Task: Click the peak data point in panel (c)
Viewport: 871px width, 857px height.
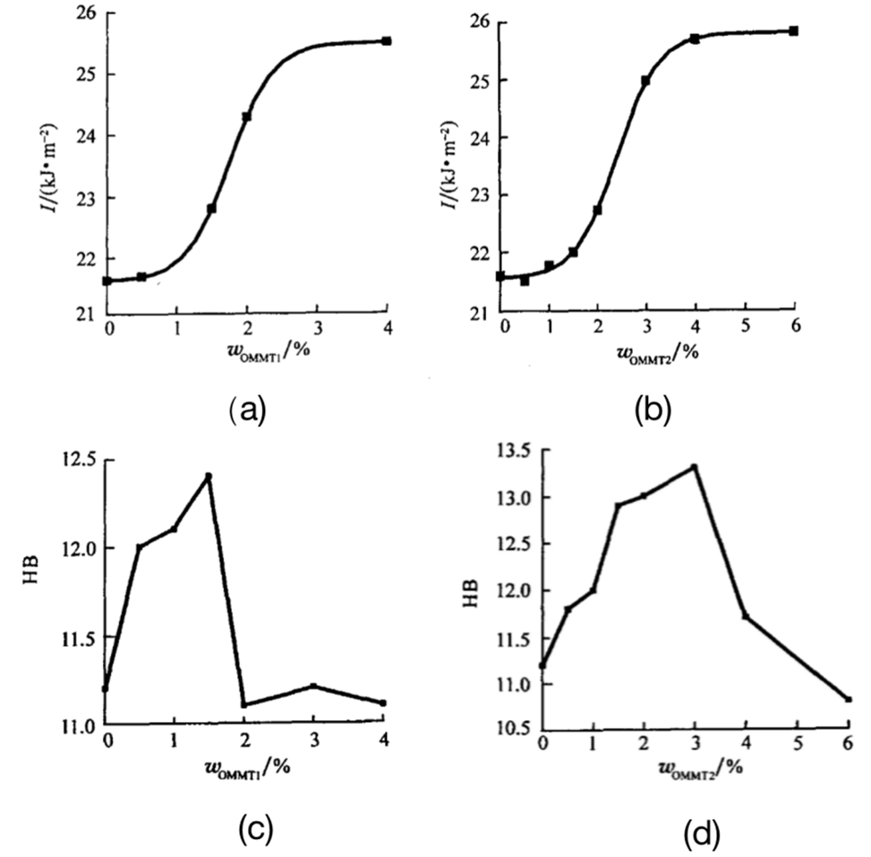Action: point(209,476)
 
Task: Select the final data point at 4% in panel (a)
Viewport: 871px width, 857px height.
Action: point(387,41)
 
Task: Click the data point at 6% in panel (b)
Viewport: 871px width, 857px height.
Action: point(793,30)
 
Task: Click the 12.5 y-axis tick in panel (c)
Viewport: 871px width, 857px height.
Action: point(76,460)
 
